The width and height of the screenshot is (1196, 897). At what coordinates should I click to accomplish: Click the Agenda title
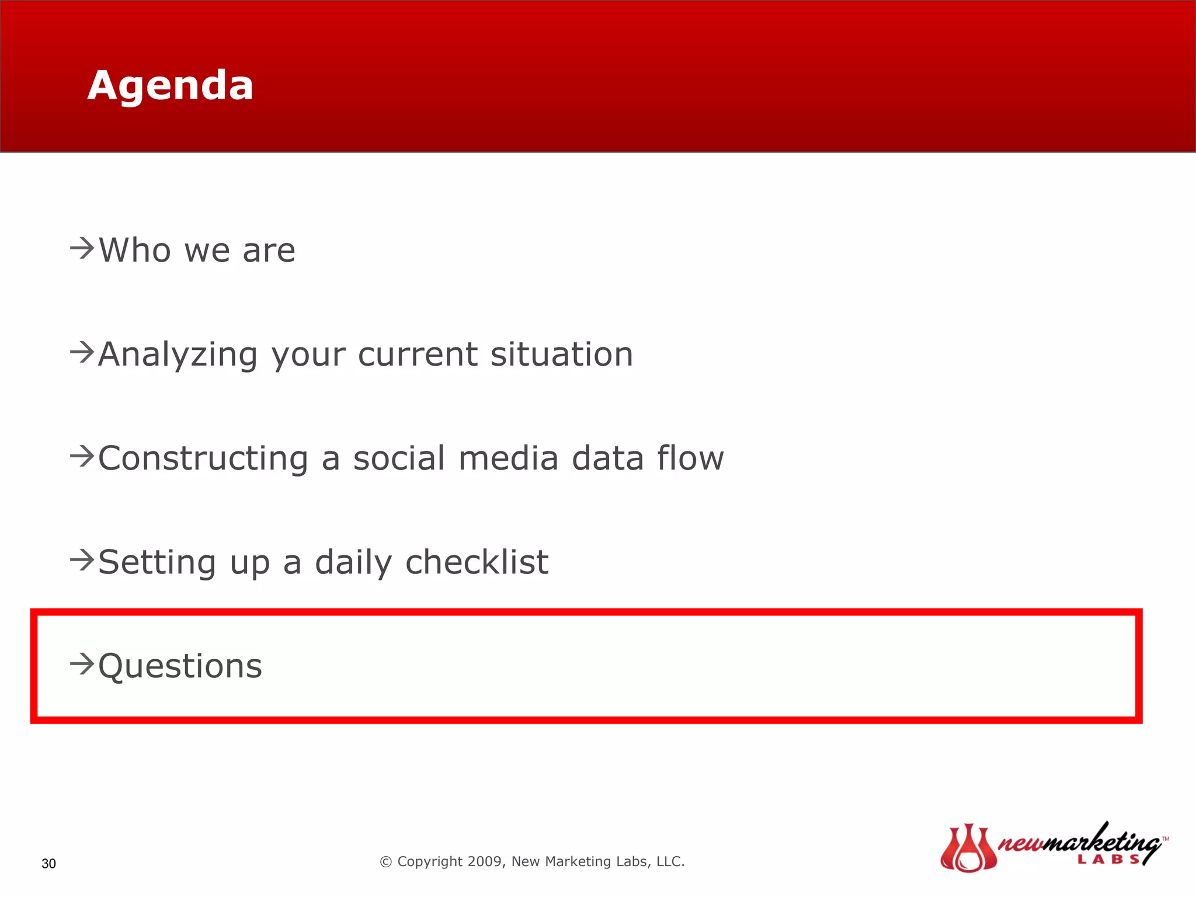pyautogui.click(x=170, y=85)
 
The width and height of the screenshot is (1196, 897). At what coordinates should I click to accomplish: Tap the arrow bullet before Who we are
pyautogui.click(x=82, y=248)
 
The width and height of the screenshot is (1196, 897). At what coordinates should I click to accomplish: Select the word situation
pyautogui.click(x=561, y=354)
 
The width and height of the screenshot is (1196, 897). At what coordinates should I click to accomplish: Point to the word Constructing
pyautogui.click(x=203, y=458)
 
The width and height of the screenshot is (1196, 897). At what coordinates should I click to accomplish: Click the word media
pyautogui.click(x=508, y=458)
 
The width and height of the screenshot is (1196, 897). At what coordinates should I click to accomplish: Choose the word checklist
pyautogui.click(x=477, y=562)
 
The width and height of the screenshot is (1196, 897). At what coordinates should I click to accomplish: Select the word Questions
pyautogui.click(x=180, y=666)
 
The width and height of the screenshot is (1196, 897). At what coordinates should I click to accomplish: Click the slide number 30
pyautogui.click(x=48, y=864)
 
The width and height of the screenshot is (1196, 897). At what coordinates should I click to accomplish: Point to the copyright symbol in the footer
pyautogui.click(x=385, y=862)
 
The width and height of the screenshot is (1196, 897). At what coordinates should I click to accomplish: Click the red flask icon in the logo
pyautogui.click(x=968, y=848)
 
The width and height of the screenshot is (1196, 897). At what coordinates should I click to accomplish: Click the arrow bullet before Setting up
pyautogui.click(x=82, y=560)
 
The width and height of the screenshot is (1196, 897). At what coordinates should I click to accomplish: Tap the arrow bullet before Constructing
pyautogui.click(x=82, y=456)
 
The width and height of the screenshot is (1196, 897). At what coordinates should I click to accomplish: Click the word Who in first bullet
pyautogui.click(x=134, y=251)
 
